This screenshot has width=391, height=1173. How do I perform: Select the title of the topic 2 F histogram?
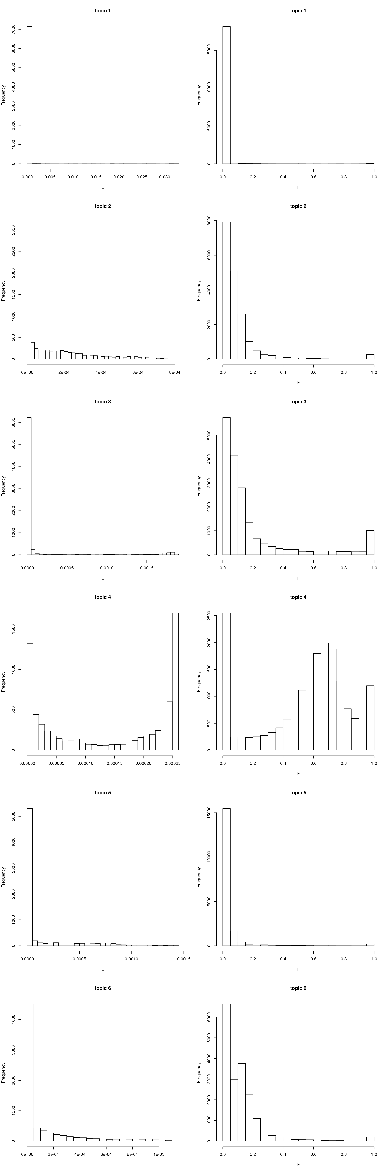pos(298,206)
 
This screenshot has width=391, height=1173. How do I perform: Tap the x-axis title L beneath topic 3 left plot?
pos(103,578)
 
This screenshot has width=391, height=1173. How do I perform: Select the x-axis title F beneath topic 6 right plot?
pos(298,1165)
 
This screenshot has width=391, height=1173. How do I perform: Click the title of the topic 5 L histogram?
pos(103,793)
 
